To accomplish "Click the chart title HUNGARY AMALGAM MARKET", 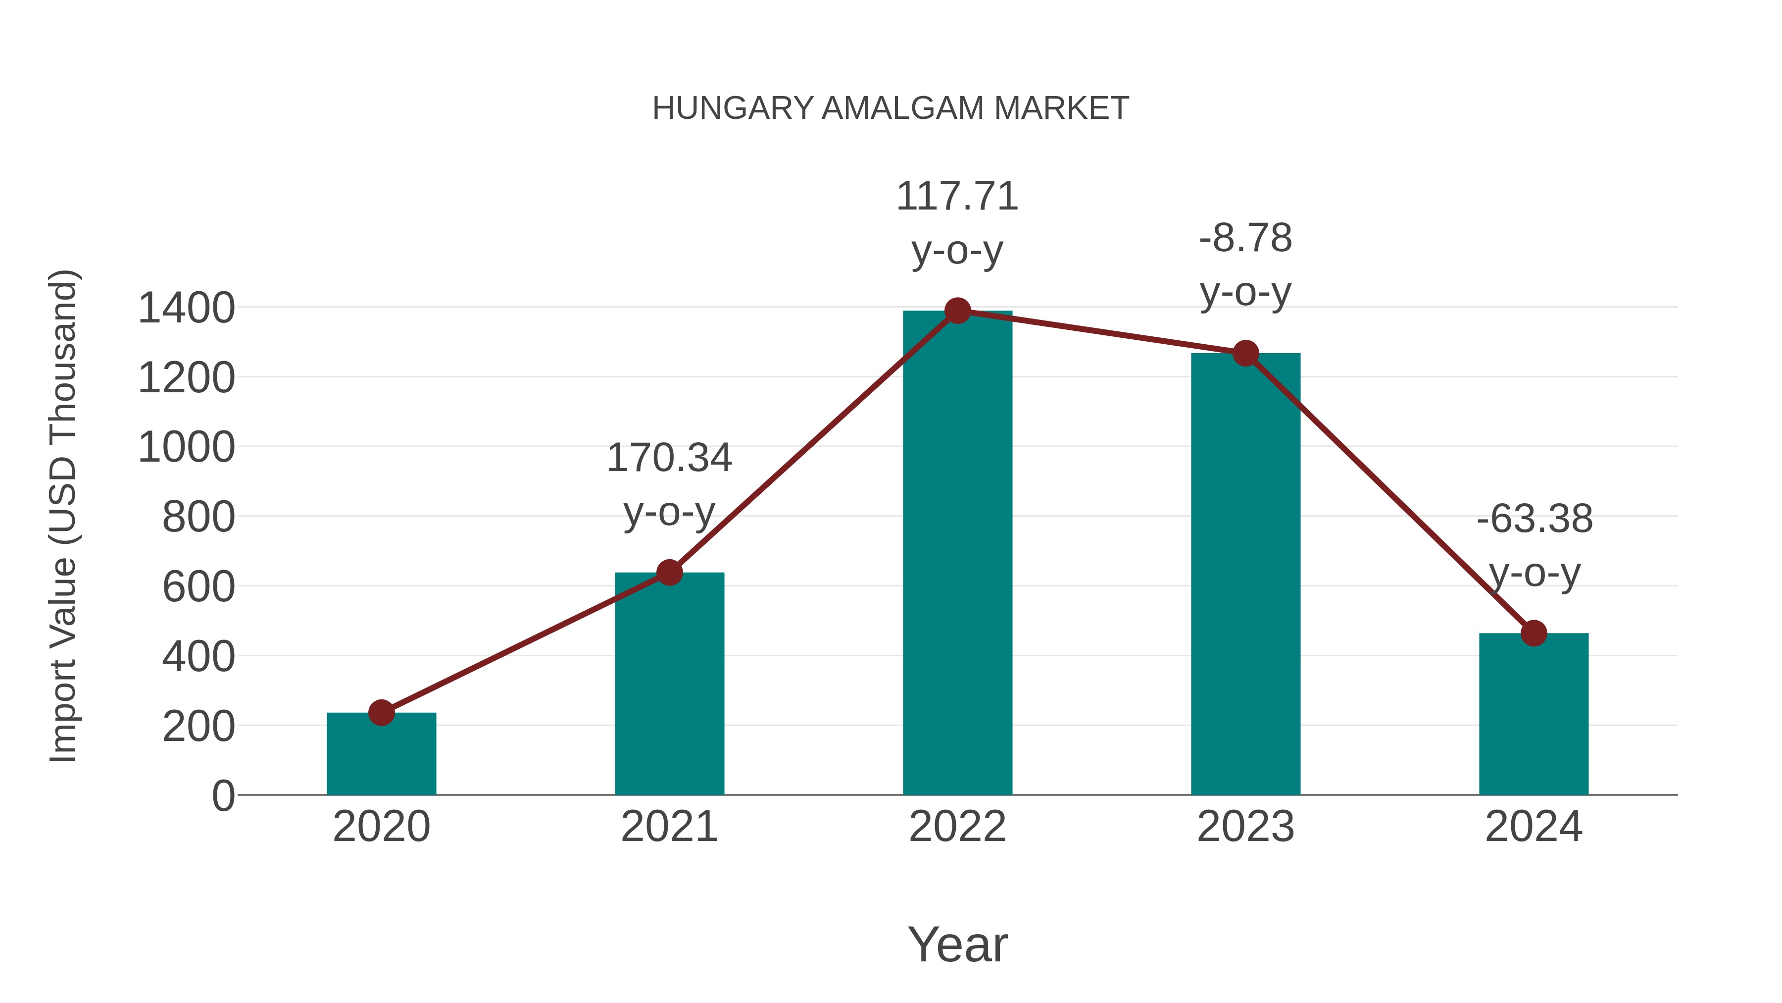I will [x=891, y=108].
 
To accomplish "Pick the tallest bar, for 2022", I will [x=957, y=554].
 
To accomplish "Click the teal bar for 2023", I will [x=1245, y=575].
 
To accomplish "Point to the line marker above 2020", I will [x=381, y=712].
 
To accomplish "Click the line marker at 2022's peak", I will [x=957, y=311].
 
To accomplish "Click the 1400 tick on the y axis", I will [x=186, y=308].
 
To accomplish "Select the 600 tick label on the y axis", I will [x=198, y=587].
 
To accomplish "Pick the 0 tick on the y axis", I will [x=223, y=796].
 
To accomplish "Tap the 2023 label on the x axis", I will [x=1245, y=827].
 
